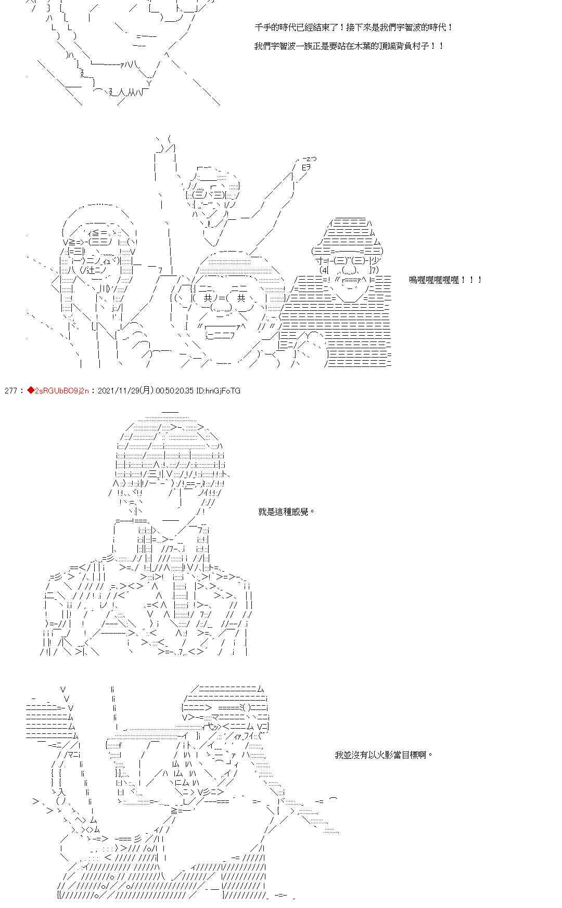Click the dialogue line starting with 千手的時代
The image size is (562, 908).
click(354, 27)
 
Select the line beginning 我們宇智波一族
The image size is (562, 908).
click(349, 46)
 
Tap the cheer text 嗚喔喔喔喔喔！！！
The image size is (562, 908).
click(445, 280)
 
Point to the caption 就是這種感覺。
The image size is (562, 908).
click(287, 511)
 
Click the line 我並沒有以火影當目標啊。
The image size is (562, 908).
click(384, 755)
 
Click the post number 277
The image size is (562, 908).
click(10, 390)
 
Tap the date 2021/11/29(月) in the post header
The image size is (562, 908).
click(125, 390)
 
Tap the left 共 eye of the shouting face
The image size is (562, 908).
click(208, 298)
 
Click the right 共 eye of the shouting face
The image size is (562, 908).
click(241, 298)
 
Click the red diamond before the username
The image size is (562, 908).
click(30, 390)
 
